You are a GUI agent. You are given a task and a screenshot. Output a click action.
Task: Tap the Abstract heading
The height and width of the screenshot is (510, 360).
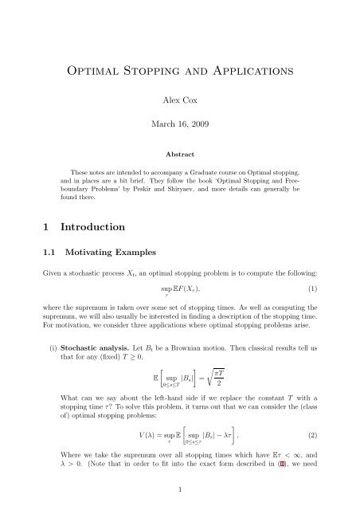coord(180,157)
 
